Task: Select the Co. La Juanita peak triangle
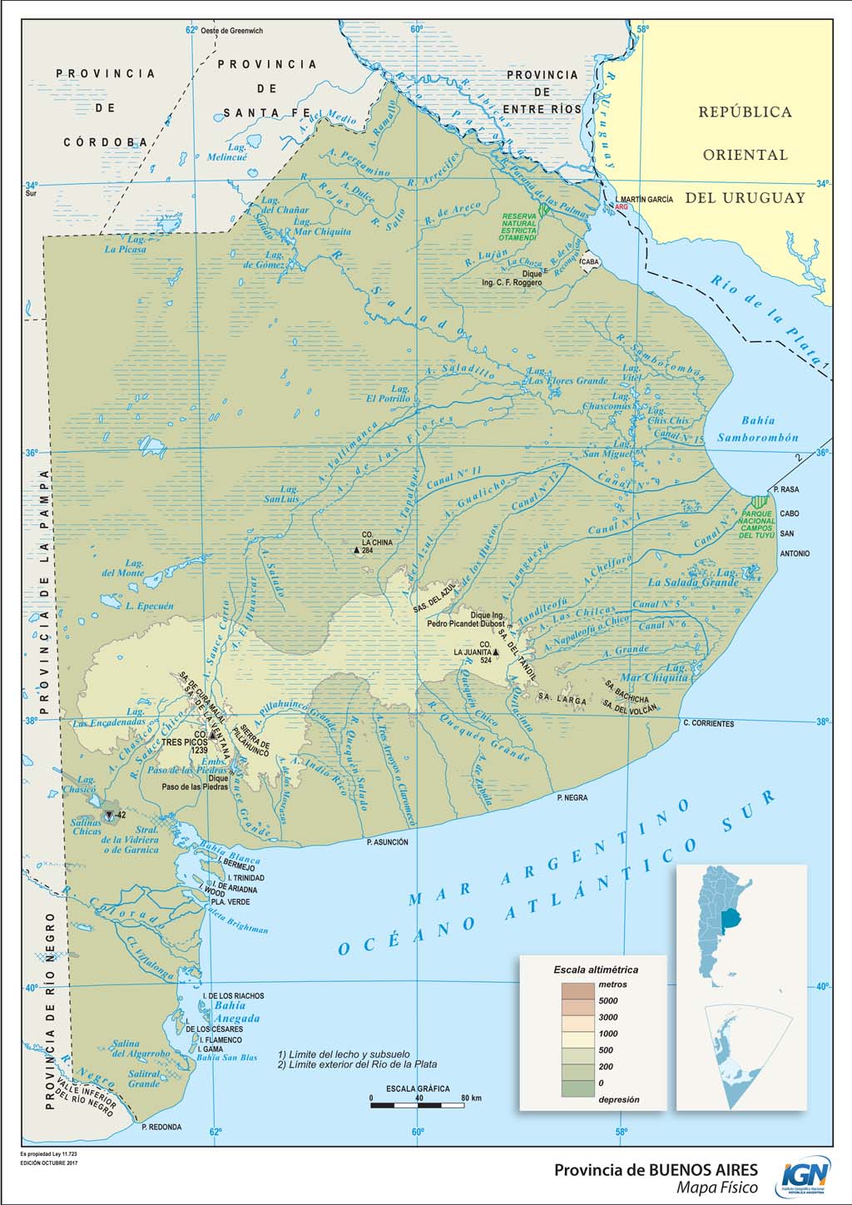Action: [x=495, y=652]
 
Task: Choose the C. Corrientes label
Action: [x=708, y=723]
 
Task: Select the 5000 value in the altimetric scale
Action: [x=608, y=1000]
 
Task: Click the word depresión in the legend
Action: [x=619, y=1099]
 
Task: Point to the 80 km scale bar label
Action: [x=471, y=1098]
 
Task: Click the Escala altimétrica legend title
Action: [x=596, y=969]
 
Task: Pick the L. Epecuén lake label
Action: [x=150, y=606]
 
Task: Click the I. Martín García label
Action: [x=646, y=200]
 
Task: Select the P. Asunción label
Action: [x=387, y=842]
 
